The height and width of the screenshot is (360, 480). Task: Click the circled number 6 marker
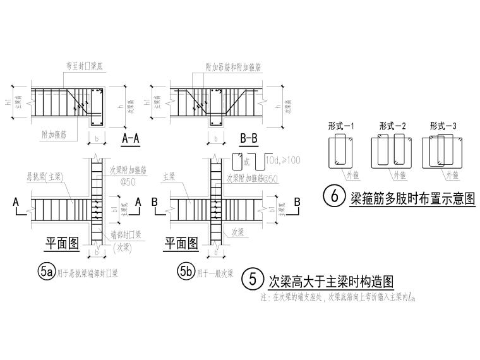[333, 196]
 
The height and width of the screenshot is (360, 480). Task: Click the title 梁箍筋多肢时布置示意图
[412, 197]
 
